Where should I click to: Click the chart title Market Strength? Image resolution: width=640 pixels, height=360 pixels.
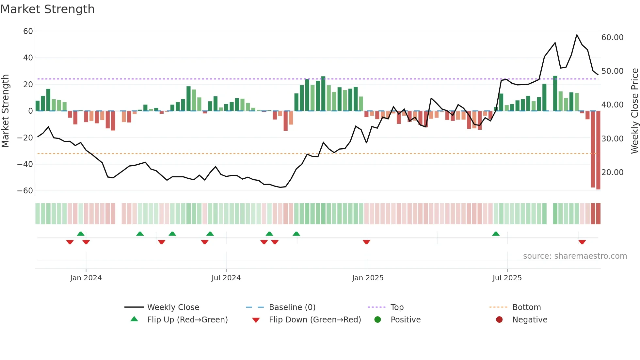point(47,9)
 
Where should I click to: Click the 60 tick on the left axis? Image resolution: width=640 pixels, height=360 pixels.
point(28,31)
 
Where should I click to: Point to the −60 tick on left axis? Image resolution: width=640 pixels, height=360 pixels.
point(25,191)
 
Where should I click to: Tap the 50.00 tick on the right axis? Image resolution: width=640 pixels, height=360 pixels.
point(612,71)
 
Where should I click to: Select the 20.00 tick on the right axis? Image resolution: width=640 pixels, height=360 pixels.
point(612,172)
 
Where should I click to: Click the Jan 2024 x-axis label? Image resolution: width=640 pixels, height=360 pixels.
point(86,278)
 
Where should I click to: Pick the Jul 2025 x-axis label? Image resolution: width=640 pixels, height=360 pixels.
point(507,278)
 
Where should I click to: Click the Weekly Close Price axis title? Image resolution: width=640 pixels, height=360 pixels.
point(634,111)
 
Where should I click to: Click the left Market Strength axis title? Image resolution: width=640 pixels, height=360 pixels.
point(6,111)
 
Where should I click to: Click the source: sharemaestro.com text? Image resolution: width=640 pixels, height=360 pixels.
point(575,256)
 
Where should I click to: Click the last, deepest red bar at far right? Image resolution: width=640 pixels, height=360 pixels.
point(598,150)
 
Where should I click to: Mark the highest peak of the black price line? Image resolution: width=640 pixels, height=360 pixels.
point(577,35)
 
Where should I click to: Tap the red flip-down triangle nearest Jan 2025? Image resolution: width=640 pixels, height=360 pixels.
point(366,242)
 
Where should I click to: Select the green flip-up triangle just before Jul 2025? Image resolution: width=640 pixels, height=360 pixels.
point(496,234)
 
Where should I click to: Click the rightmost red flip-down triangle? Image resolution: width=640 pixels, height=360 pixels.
point(582,242)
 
